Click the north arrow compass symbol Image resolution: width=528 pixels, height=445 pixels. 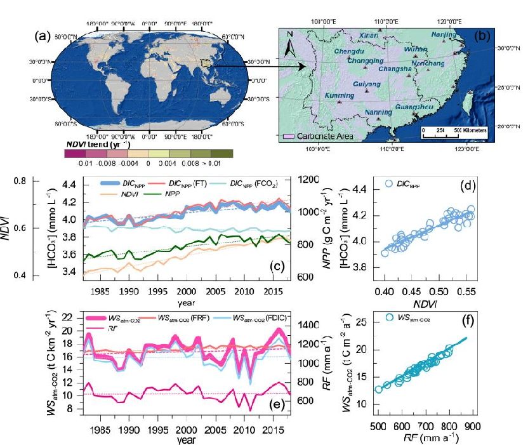tap(289, 45)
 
